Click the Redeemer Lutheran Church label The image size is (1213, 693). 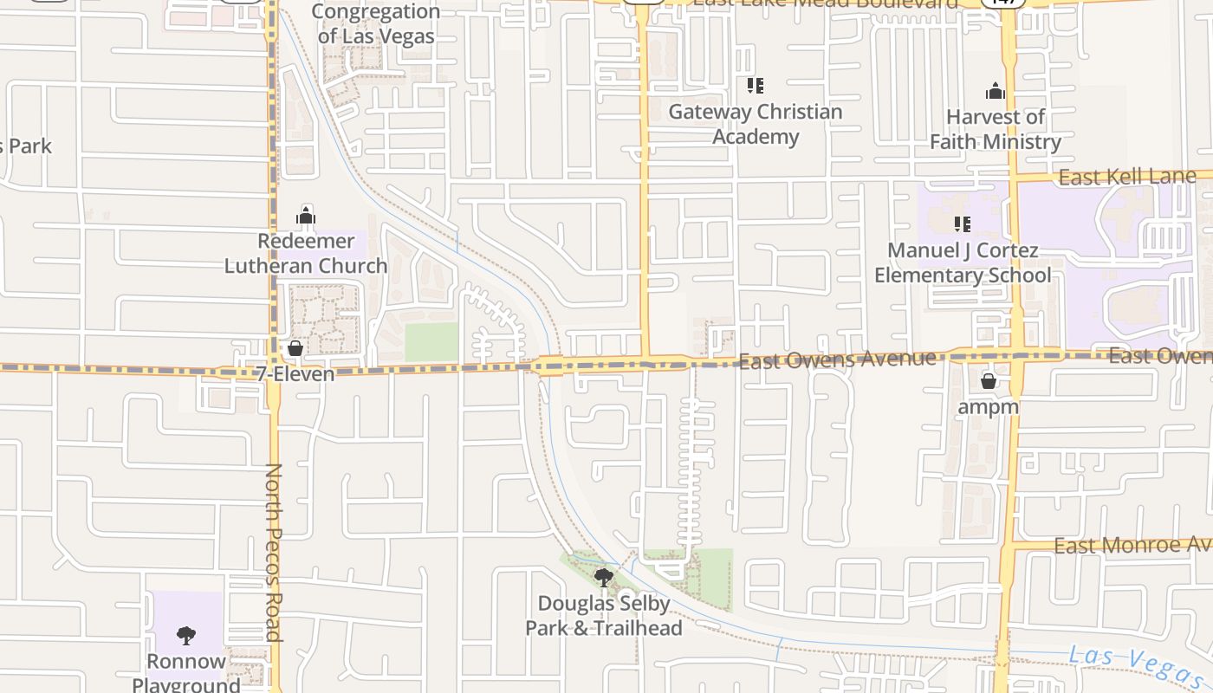click(x=306, y=253)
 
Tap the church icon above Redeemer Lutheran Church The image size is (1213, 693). click(x=306, y=216)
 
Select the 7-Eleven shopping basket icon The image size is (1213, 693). click(x=295, y=348)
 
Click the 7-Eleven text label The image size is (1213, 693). click(x=295, y=374)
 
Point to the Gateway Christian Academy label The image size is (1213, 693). click(x=755, y=124)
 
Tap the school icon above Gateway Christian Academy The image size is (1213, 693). click(x=755, y=85)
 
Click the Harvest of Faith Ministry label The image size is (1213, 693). click(x=996, y=129)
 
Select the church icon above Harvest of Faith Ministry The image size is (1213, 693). click(x=996, y=91)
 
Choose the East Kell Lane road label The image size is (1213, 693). click(x=1127, y=178)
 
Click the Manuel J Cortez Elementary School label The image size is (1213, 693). click(x=963, y=262)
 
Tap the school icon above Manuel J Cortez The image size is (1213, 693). click(x=962, y=224)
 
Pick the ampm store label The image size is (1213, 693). click(x=989, y=406)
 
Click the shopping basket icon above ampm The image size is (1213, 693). click(x=989, y=381)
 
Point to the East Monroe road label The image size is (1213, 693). click(x=1132, y=546)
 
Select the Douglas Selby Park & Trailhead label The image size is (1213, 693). click(x=604, y=615)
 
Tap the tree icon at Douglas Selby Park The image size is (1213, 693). click(x=604, y=577)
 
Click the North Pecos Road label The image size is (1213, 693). click(x=274, y=552)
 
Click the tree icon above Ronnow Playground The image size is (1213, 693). click(x=186, y=637)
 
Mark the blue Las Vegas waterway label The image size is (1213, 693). click(x=1135, y=665)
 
